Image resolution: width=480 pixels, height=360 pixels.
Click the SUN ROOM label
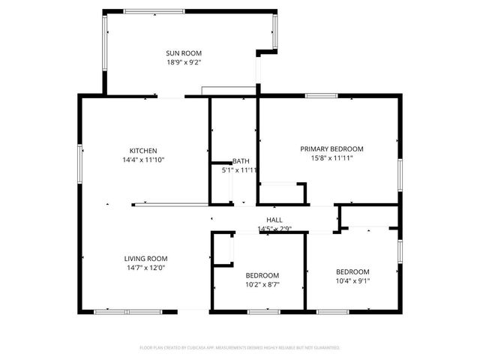pos(184,52)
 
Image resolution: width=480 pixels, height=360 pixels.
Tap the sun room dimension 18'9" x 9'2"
pos(184,62)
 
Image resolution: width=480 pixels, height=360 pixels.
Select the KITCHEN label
pos(142,150)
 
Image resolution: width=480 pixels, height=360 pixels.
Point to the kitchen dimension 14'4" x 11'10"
pos(142,160)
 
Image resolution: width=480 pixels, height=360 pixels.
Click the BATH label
pos(241,161)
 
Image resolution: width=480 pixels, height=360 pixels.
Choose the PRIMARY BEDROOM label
pos(331,148)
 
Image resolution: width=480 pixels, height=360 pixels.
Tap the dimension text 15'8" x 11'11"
pos(331,158)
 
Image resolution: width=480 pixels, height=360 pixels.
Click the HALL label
pos(274,219)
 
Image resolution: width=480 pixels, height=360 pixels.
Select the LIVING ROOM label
pos(145,258)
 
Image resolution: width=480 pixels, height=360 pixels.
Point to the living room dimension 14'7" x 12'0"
pos(145,268)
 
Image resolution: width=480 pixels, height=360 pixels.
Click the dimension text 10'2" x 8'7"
pos(262,285)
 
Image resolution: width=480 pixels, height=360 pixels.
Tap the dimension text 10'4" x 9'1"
pos(352,281)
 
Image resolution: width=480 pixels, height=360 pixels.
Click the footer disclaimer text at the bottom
pos(240,348)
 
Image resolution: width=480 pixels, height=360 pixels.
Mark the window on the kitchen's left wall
pos(80,160)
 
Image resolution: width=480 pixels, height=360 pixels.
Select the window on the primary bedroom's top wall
pos(320,95)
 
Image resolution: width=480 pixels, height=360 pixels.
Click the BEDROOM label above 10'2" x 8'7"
pos(262,275)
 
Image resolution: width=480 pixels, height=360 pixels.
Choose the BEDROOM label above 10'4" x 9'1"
pos(352,271)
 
